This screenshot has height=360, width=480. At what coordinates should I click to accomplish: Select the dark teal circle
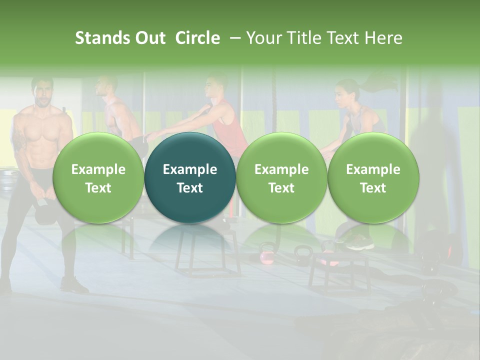click(190, 178)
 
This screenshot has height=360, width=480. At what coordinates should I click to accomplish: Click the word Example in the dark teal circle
click(190, 169)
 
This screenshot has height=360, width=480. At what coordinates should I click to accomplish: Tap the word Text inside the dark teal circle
click(190, 188)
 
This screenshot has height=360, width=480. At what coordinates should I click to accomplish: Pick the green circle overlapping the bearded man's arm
click(98, 178)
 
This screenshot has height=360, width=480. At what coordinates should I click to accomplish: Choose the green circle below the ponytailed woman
click(373, 178)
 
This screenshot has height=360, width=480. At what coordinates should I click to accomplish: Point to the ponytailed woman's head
click(347, 92)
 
